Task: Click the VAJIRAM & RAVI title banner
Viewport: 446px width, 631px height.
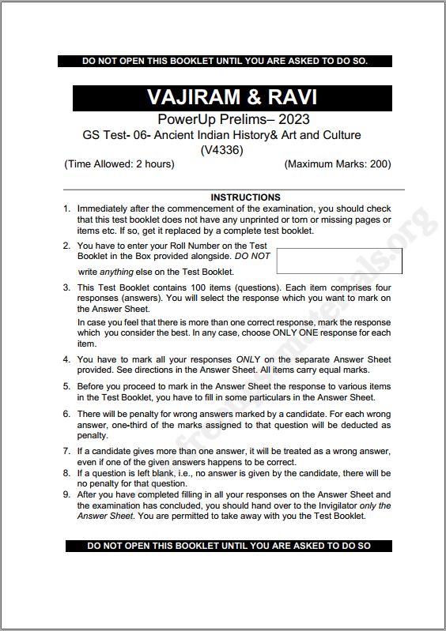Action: [x=232, y=97]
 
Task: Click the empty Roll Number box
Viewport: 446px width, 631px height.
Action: [x=339, y=261]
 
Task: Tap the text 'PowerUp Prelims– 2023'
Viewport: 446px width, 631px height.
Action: [x=233, y=119]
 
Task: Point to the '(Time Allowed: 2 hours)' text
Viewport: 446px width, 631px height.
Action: [x=119, y=164]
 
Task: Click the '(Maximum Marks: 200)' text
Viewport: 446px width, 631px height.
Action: [x=338, y=164]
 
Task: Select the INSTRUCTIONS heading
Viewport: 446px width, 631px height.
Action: [x=245, y=197]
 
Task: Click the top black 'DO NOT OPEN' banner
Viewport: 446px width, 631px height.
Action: [x=225, y=61]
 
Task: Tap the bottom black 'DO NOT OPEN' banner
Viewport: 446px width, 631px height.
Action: [x=229, y=545]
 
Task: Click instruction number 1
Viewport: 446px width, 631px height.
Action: [x=67, y=208]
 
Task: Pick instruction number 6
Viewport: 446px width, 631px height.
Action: [x=67, y=414]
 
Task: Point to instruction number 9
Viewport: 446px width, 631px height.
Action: [x=67, y=495]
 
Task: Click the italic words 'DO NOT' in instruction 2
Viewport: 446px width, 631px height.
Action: [x=251, y=257]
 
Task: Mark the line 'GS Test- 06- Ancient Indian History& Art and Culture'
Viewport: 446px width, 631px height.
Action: [x=222, y=135]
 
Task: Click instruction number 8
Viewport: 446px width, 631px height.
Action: [x=67, y=473]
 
